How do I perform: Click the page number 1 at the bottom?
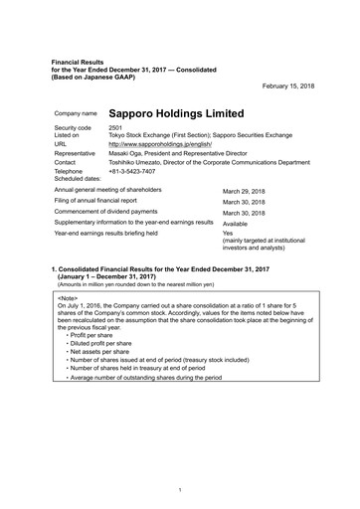(x=179, y=489)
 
